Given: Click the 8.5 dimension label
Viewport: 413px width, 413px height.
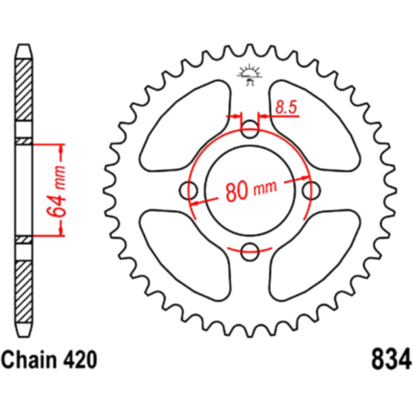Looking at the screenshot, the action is [x=286, y=107].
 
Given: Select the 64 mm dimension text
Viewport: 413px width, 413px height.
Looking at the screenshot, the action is [x=56, y=191].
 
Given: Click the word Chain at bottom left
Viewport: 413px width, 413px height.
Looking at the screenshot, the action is [x=29, y=360].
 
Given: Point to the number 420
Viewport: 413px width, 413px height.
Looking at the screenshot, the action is [x=79, y=360].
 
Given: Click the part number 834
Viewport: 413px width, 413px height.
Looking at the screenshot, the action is [x=391, y=359].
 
